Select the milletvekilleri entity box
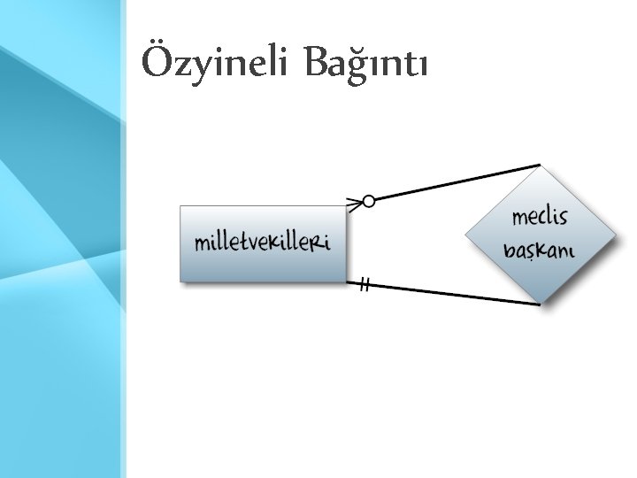click(x=263, y=243)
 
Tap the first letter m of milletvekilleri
click(x=202, y=243)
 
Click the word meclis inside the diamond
click(x=540, y=218)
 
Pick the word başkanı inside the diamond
click(x=539, y=250)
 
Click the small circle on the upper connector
click(x=368, y=201)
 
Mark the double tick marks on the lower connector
click(x=365, y=285)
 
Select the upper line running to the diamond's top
click(x=456, y=182)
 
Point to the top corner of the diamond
click(x=541, y=167)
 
